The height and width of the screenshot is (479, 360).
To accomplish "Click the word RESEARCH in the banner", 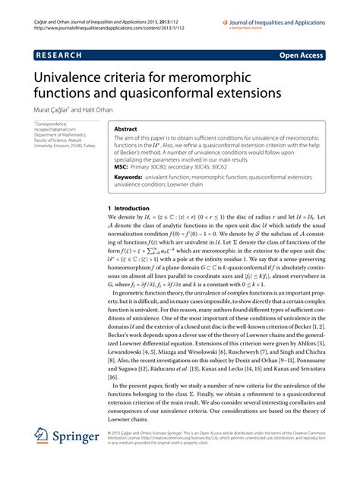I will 58,56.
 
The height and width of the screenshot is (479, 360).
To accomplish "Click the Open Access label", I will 301,56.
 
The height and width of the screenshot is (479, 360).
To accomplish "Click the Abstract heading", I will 125,130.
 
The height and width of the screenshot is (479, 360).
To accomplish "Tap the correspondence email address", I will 54,128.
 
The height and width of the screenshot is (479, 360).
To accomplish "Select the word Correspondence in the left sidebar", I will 52,122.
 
